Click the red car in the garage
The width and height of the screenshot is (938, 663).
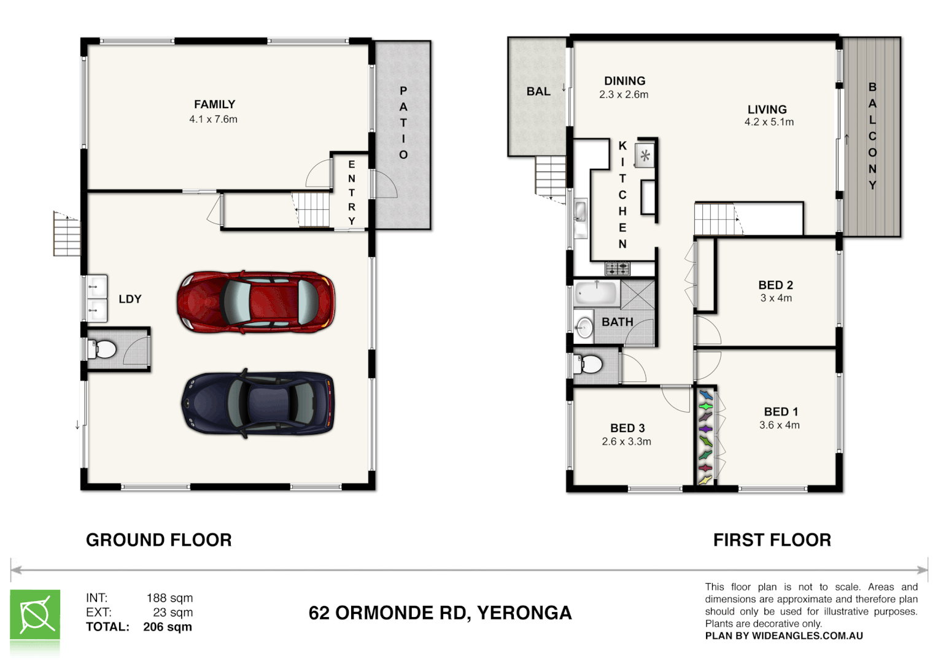pos(256,302)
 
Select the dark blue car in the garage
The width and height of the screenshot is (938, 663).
pos(258,403)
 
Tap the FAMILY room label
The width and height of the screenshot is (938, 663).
pos(214,104)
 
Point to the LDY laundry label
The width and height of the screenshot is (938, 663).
pos(130,299)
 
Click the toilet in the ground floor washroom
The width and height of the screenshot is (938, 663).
pos(103,350)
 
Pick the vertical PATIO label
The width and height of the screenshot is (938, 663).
pos(403,123)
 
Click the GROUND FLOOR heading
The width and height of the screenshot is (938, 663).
pos(158,540)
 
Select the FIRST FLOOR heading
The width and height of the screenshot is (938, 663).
pos(772,540)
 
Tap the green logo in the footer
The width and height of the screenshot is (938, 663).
pos(35,616)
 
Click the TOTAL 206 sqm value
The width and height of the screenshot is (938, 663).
pos(167,627)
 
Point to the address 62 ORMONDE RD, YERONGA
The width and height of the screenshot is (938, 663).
pos(440,613)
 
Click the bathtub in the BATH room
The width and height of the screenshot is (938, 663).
pos(596,293)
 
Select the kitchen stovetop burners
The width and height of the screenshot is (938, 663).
pos(618,268)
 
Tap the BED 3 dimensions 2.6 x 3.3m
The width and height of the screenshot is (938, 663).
pos(626,441)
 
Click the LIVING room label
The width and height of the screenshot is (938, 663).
pos(767,109)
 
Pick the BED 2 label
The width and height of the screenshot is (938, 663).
pos(775,285)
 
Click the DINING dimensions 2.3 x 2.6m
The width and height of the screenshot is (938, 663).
pos(624,95)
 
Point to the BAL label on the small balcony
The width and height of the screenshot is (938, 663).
pos(538,91)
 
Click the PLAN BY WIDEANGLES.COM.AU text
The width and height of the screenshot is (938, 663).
pos(784,636)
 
